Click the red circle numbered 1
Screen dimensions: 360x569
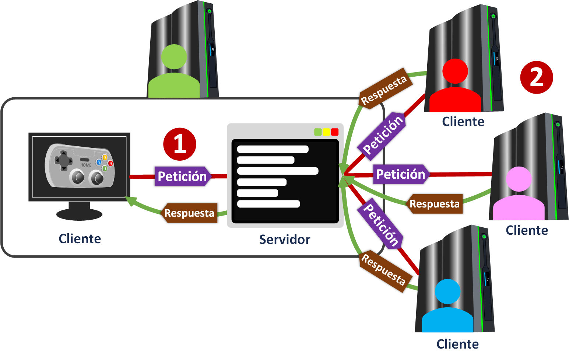point(179,144)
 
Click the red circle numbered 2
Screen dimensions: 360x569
point(536,77)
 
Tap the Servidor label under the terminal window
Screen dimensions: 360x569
point(284,240)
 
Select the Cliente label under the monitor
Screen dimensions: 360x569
point(80,239)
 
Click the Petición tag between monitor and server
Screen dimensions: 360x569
point(182,176)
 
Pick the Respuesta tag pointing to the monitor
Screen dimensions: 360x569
point(189,213)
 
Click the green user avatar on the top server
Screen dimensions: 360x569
point(174,74)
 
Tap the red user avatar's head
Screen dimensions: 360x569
point(455,71)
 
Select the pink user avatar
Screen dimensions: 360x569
point(519,195)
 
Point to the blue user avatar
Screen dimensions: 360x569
point(447,306)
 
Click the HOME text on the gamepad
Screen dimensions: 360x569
point(86,165)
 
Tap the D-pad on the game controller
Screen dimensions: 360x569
point(64,161)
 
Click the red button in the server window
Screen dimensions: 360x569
point(334,132)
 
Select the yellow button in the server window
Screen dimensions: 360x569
point(326,132)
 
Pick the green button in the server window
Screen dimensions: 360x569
point(318,132)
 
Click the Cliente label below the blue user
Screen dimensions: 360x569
point(457,344)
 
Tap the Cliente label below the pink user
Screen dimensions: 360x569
point(527,230)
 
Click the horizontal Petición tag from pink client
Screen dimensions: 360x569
point(401,174)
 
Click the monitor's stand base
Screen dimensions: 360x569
point(79,214)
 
